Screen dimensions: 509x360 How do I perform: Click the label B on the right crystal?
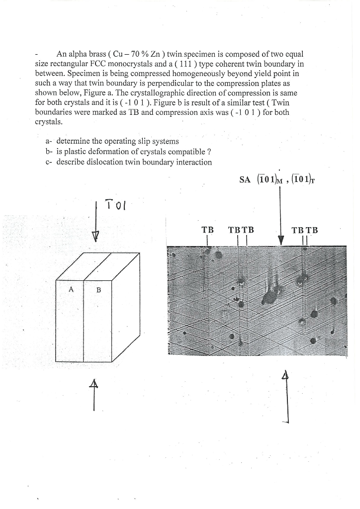click(x=98, y=290)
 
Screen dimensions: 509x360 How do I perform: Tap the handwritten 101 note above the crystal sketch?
click(x=115, y=205)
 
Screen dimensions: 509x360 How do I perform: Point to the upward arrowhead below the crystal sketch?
click(x=93, y=384)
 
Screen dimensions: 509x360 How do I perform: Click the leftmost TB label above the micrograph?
click(x=207, y=230)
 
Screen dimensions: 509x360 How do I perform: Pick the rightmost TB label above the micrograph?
click(x=311, y=230)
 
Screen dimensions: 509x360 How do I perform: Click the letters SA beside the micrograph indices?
click(x=244, y=180)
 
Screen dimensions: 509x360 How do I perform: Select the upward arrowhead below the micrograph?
click(x=286, y=376)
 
